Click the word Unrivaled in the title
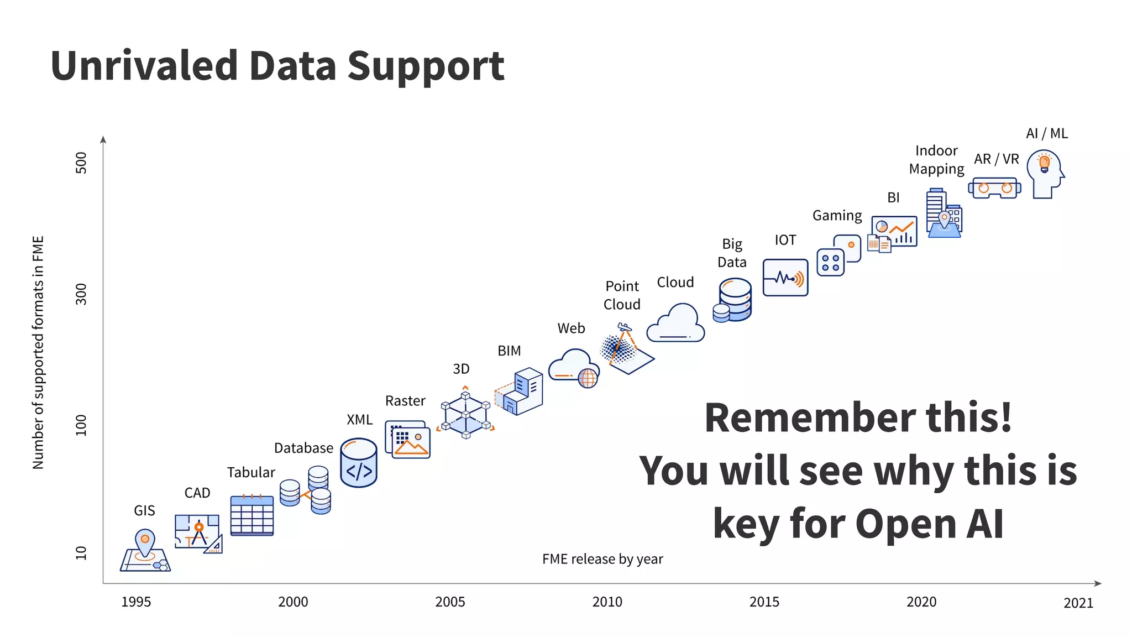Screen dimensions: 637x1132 pos(144,66)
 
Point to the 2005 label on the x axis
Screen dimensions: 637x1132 pos(450,602)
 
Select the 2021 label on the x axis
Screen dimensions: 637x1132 pos(1078,603)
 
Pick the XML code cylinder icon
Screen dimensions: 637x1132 pos(359,463)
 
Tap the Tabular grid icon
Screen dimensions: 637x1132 pos(251,515)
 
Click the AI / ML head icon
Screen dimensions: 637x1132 pos(1044,174)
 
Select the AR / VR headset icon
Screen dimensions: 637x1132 pos(994,188)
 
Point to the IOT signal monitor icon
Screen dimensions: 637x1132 pos(785,278)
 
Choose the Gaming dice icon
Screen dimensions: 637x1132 pos(838,255)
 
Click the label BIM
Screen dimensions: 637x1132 pos(509,351)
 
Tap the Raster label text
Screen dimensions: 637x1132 pos(405,401)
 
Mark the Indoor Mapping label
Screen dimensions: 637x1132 pos(936,160)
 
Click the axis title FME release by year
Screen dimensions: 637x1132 pos(602,559)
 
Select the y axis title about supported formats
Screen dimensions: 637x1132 pos(38,352)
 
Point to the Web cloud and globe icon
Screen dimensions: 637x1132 pos(574,368)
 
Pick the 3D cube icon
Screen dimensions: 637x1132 pos(465,413)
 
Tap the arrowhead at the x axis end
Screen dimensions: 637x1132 pos(1098,583)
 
